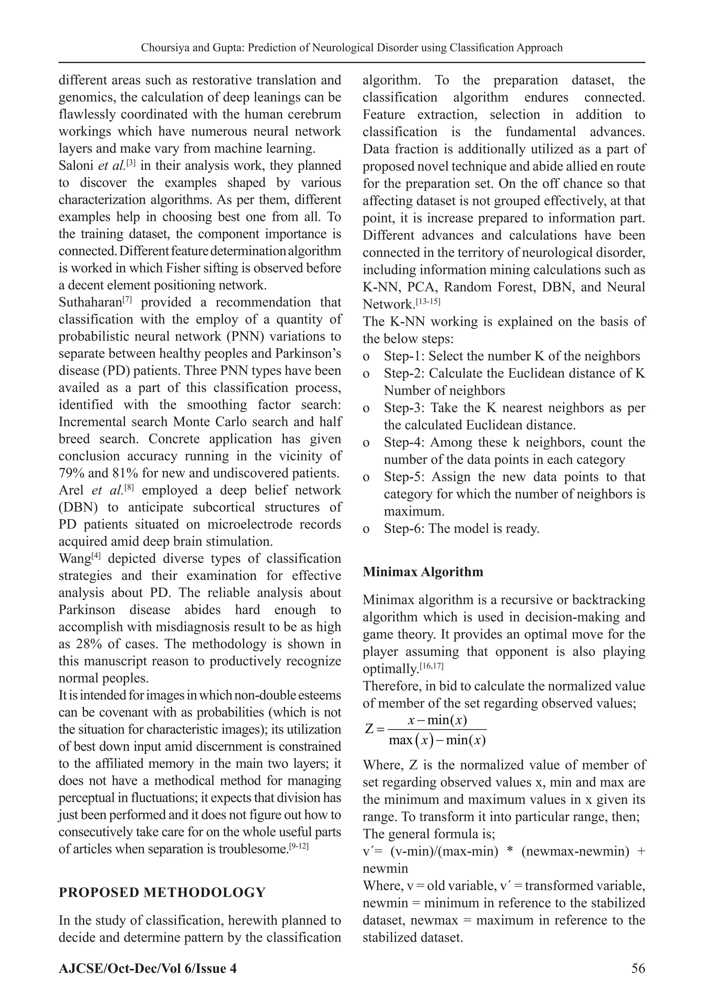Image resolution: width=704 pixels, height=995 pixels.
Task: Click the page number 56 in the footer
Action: click(x=638, y=968)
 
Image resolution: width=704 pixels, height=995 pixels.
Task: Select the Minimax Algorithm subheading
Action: click(x=423, y=572)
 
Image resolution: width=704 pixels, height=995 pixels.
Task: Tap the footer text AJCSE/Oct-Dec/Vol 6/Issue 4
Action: click(x=148, y=968)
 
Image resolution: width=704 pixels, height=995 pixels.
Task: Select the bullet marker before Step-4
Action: click(x=366, y=443)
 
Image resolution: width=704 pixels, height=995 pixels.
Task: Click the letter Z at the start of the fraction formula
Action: click(x=369, y=729)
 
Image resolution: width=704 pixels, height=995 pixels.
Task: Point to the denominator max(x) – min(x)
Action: click(x=437, y=740)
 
